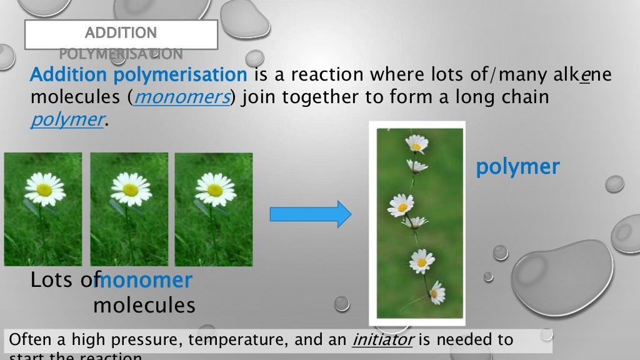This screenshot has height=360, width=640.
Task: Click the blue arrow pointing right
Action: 311,214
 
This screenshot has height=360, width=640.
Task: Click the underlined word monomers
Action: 181,98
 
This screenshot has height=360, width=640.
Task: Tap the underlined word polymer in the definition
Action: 66,120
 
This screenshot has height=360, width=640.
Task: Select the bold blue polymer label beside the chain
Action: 517,167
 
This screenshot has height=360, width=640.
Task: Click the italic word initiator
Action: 384,340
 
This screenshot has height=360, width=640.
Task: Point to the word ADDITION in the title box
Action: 121,32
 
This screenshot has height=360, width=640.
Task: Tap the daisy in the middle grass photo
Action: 129,188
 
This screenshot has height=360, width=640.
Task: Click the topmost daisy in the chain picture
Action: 416,144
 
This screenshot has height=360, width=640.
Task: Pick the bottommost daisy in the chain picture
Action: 436,292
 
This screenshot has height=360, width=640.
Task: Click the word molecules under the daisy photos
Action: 144,306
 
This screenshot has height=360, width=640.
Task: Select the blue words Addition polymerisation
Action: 139,75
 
